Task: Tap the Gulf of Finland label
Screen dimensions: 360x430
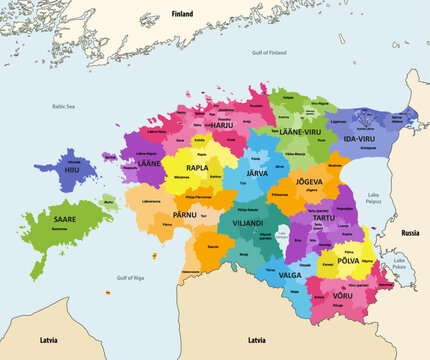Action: tap(269, 52)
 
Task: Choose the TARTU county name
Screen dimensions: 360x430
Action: tap(320, 218)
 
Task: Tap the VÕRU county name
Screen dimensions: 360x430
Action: tap(342, 296)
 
